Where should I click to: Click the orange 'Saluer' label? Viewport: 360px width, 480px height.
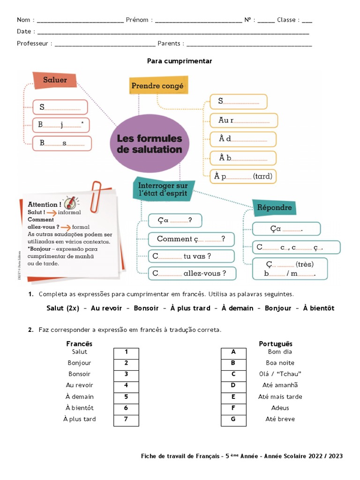(x=55, y=80)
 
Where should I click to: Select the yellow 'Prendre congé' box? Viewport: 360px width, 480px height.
(x=157, y=86)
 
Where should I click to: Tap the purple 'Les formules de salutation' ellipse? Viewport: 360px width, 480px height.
(x=149, y=144)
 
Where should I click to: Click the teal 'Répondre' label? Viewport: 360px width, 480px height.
(x=275, y=207)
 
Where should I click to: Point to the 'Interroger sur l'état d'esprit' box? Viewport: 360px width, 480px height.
(x=163, y=189)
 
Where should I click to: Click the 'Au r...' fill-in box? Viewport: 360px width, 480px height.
(x=243, y=120)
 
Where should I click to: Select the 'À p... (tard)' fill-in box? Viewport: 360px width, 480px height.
(x=243, y=176)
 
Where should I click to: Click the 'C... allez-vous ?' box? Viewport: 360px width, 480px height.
(x=192, y=273)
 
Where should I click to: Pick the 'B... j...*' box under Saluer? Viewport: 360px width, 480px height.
(x=60, y=125)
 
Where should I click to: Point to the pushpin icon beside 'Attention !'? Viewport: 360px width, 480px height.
(x=70, y=203)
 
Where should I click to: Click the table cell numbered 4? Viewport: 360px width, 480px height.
(x=126, y=385)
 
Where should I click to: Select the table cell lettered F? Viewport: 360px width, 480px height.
(x=233, y=408)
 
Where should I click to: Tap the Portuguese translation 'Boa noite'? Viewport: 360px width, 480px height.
(x=280, y=363)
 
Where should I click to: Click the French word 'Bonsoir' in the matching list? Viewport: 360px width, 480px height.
(x=79, y=374)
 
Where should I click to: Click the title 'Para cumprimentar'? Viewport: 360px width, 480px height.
(x=180, y=61)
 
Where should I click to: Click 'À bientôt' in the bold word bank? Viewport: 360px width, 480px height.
(x=318, y=308)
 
